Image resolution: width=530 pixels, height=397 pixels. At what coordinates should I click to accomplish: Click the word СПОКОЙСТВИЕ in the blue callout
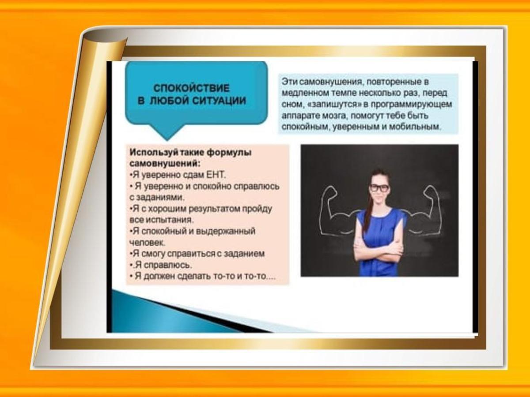pyautogui.click(x=192, y=88)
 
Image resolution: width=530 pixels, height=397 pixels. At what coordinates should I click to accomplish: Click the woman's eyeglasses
pyautogui.click(x=379, y=188)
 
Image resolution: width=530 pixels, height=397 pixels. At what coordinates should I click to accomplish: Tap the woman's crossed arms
pyautogui.click(x=379, y=251)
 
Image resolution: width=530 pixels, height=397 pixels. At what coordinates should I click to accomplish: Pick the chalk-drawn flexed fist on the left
pyautogui.click(x=330, y=194)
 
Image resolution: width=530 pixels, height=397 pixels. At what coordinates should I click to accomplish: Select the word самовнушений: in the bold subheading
pyautogui.click(x=165, y=164)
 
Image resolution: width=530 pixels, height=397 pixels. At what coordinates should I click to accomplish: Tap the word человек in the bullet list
pyautogui.click(x=147, y=243)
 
